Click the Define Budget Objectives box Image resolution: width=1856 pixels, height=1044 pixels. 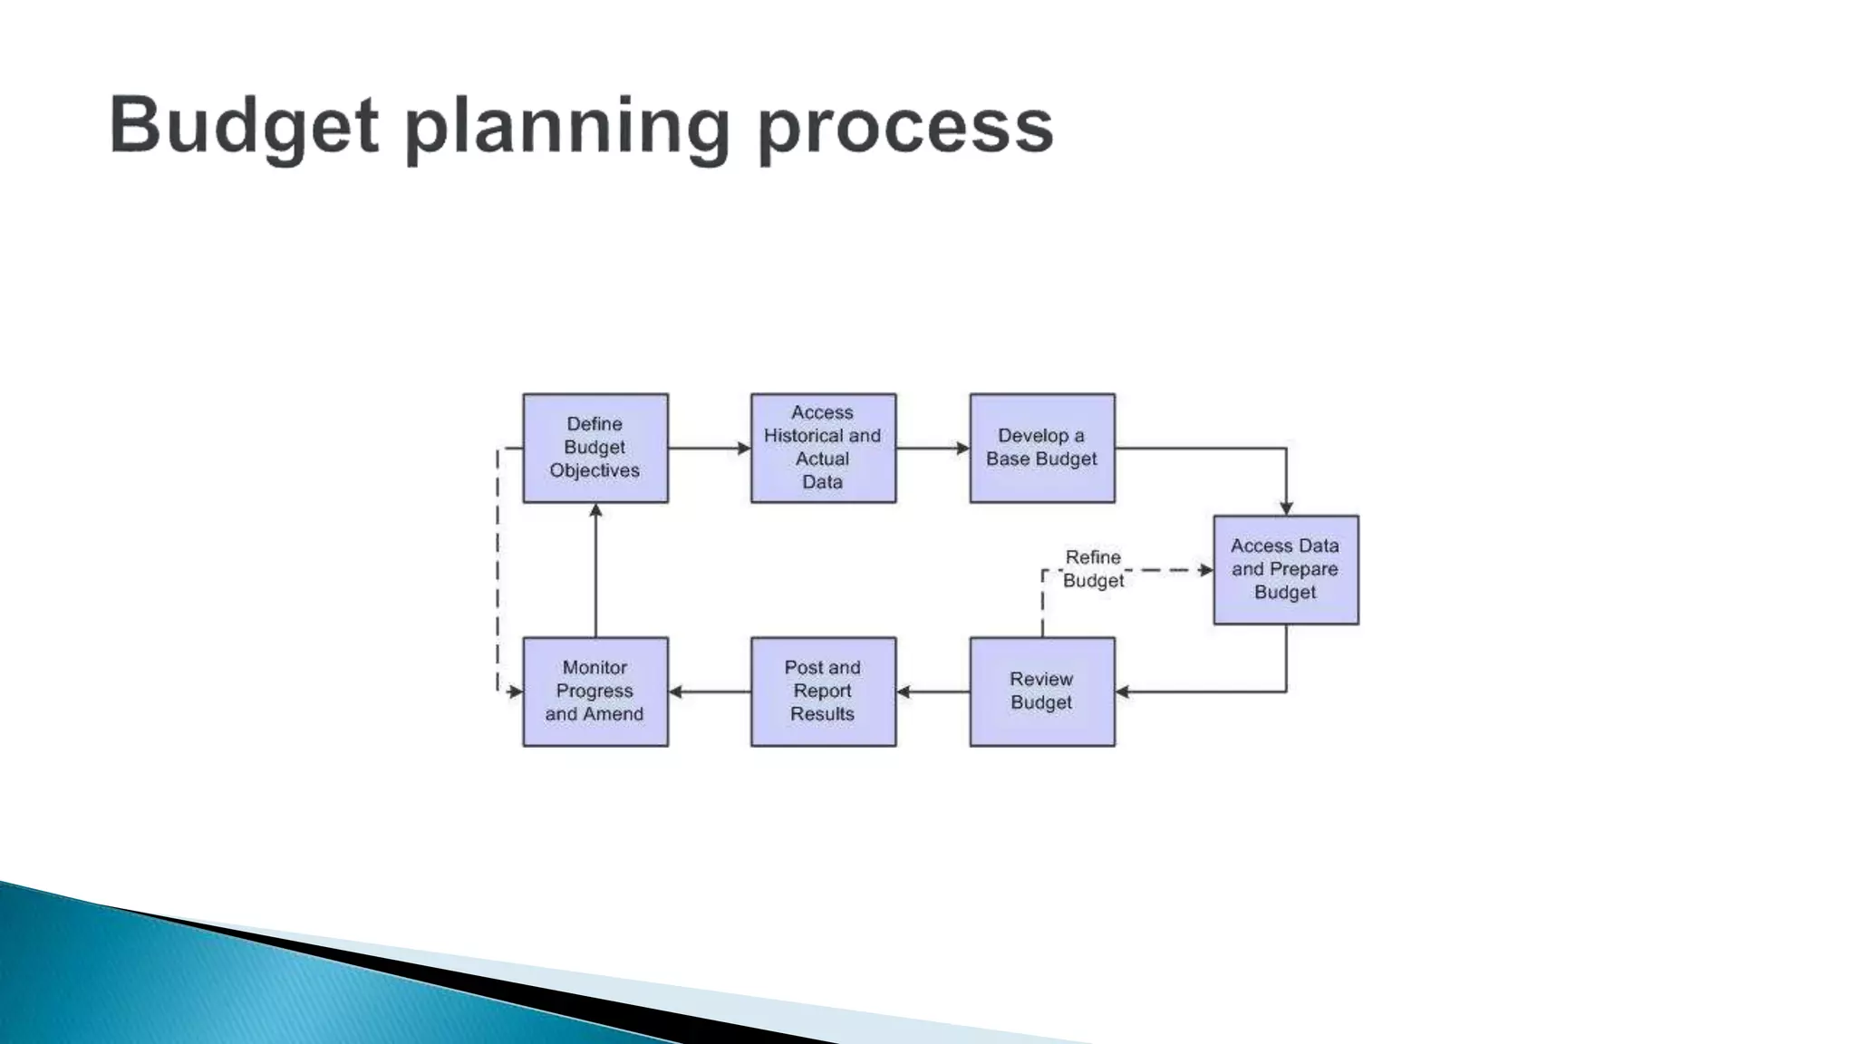click(595, 448)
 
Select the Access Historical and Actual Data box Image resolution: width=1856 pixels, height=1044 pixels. click(823, 448)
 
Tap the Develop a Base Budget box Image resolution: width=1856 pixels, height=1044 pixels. click(1042, 448)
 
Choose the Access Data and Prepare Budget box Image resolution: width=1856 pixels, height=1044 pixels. click(1286, 570)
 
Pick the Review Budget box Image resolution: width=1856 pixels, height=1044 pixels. click(1042, 691)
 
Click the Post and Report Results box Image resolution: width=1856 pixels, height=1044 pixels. click(823, 691)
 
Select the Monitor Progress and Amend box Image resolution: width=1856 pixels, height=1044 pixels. click(595, 691)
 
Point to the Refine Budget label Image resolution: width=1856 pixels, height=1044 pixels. click(1093, 569)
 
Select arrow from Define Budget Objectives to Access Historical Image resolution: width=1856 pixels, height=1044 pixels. click(709, 448)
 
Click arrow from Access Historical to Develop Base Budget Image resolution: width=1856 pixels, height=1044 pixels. click(933, 448)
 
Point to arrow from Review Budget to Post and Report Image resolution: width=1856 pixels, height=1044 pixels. click(933, 691)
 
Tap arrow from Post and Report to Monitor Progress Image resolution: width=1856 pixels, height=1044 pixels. click(709, 691)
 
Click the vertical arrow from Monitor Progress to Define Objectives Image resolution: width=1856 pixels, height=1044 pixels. click(595, 571)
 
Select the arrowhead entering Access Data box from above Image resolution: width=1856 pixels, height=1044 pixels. click(1286, 508)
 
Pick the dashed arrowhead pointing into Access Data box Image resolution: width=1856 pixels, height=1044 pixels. click(1206, 570)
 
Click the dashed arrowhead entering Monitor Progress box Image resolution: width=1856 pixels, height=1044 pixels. click(516, 691)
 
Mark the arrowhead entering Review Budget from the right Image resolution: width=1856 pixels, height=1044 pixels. click(1123, 691)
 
